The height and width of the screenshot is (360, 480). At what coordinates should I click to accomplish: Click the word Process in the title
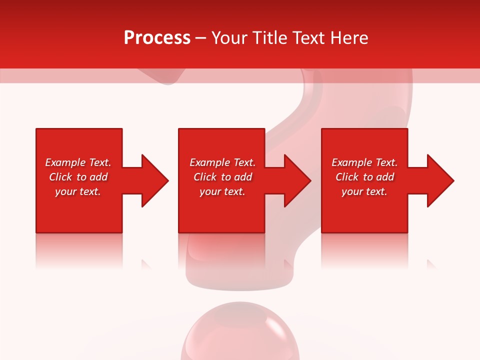[157, 38]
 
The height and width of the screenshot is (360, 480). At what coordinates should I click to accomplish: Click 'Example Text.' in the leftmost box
[78, 162]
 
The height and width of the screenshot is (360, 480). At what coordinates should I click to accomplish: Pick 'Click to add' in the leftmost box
[78, 177]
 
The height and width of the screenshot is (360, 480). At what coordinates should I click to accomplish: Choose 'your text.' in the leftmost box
[78, 191]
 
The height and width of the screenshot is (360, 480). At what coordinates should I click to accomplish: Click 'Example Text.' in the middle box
[222, 162]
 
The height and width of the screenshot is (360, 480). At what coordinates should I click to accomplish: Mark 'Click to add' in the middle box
[222, 177]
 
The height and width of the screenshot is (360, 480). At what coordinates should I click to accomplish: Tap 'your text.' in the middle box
[222, 191]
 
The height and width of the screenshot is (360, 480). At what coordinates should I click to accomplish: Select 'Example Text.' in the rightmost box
[364, 162]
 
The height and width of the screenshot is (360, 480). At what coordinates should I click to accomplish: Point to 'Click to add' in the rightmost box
[364, 177]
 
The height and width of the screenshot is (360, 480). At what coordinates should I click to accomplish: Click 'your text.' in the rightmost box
[364, 191]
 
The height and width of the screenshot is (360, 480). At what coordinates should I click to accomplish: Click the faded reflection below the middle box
[221, 250]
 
